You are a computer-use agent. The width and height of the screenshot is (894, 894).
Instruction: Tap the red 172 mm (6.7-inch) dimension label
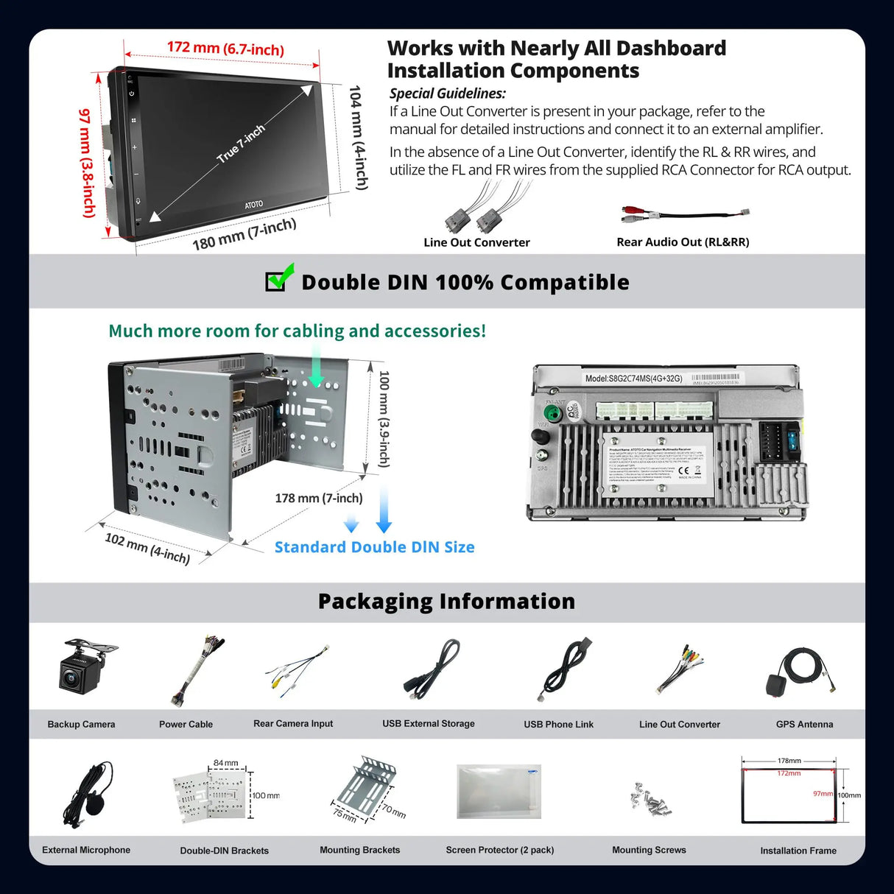coord(225,49)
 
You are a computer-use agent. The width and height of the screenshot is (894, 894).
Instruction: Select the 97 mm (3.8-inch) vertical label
coord(88,163)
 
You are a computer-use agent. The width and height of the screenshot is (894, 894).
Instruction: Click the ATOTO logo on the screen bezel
coord(253,204)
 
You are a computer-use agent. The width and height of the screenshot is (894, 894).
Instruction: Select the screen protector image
coord(499,792)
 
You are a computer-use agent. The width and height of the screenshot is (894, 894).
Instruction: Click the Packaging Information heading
coord(446,602)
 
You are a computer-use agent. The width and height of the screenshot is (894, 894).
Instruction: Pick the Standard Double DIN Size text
coord(374,547)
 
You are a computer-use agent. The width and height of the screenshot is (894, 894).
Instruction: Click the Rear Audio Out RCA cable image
coord(684,215)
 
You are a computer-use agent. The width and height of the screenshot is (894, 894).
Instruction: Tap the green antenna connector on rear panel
coord(552,413)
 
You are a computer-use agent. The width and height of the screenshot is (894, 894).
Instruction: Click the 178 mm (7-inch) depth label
coord(319,499)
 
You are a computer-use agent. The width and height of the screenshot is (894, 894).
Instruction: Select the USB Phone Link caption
coord(558,725)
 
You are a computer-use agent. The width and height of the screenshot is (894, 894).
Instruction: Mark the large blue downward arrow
coord(384,509)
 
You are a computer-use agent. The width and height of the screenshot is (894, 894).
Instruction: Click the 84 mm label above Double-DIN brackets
coord(225,763)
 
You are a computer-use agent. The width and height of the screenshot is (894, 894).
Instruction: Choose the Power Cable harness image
coord(197,670)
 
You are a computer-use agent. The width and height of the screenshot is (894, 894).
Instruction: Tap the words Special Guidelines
coord(447,94)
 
